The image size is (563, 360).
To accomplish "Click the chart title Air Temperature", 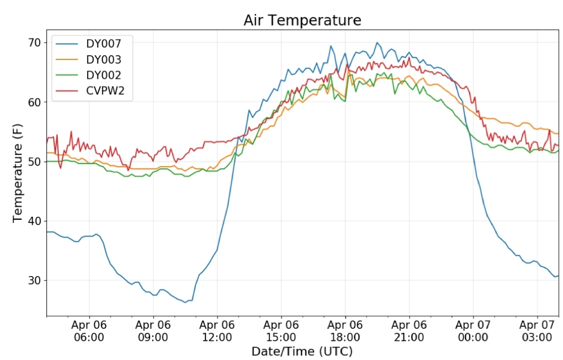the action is point(302,20).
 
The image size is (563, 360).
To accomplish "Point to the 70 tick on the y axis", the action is point(35,43).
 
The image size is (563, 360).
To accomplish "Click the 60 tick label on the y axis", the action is point(35,102).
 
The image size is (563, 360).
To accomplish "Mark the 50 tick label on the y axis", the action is point(35,162).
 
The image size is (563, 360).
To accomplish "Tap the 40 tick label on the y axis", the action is point(35,221).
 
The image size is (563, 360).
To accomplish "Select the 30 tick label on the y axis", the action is point(35,281).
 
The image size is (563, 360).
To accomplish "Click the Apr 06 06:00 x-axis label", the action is point(89,331).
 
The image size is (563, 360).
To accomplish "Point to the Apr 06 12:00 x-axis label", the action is point(217,331).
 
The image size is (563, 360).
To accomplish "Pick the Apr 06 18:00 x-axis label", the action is point(345,331).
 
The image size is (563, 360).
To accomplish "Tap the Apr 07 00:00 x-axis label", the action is point(473,331).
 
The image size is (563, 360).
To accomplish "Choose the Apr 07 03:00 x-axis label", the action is point(537,331).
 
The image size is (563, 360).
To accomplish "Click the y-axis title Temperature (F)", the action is point(18,173).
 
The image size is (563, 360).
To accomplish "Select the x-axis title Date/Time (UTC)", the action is point(302,351).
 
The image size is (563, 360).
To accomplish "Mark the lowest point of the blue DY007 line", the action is point(185,303).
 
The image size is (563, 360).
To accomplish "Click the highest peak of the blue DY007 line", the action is point(377,43).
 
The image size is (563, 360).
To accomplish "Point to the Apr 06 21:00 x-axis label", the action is point(409,331).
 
